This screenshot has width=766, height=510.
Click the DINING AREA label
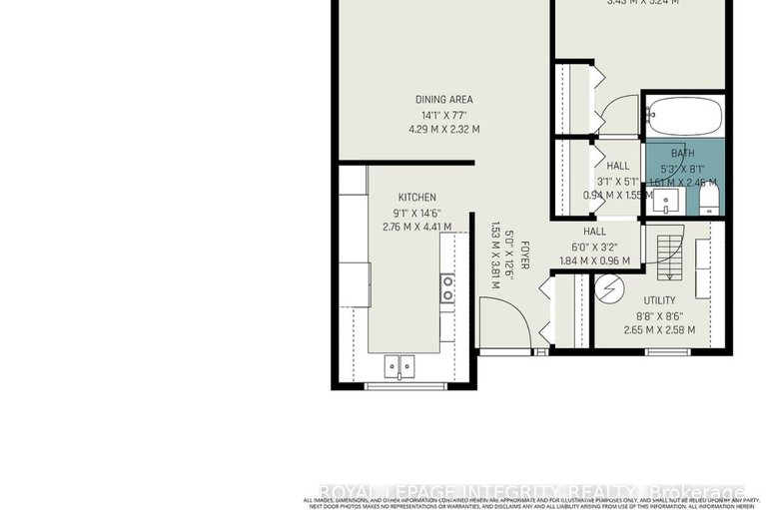point(444,100)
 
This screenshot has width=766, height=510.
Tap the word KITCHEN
point(416,198)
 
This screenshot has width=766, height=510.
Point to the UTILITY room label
point(659,300)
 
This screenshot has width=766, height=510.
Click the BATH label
point(682,153)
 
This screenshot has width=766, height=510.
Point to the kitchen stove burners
point(447,289)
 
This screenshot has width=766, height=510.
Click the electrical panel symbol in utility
point(609,290)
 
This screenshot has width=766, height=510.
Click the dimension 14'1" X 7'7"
point(444,115)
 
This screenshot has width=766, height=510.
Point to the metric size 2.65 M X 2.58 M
point(659,330)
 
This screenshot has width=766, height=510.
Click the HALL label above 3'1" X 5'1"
point(617,166)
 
